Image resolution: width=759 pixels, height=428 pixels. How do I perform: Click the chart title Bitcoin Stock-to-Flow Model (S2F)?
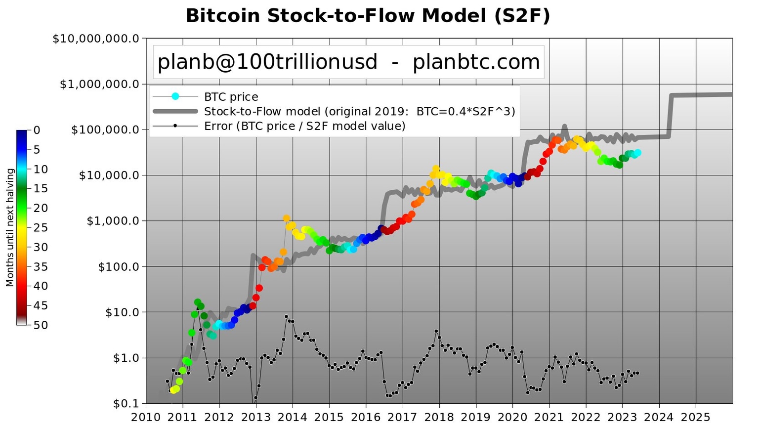coord(368,16)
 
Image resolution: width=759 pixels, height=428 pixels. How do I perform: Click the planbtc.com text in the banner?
coord(476,62)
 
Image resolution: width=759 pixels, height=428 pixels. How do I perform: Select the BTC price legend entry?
coord(231,97)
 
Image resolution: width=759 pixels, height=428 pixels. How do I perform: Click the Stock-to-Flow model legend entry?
coord(359,111)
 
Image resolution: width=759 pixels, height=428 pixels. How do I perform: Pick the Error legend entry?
coord(304,126)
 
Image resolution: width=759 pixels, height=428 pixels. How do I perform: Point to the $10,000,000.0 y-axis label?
coord(96,39)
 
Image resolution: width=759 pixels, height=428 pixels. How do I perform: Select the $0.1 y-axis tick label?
coord(126,404)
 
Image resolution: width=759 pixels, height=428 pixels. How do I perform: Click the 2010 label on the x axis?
coord(146,417)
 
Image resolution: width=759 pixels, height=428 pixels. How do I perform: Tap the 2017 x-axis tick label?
coord(402,417)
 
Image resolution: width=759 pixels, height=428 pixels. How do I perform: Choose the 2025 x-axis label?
coord(696,417)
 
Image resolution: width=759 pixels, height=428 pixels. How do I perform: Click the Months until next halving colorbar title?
coord(10,227)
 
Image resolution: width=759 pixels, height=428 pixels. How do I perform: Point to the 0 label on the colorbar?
coord(37,130)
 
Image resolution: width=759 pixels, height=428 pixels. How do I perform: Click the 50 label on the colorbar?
coord(41,325)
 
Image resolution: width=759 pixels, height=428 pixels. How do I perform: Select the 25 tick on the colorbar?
coord(41,228)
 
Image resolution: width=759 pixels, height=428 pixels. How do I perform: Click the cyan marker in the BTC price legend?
coord(175,96)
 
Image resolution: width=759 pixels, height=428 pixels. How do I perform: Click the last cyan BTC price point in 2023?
coord(637,153)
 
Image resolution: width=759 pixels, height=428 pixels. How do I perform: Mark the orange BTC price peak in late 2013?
coord(286,218)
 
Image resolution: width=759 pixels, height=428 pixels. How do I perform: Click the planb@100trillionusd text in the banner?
coord(267,62)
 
